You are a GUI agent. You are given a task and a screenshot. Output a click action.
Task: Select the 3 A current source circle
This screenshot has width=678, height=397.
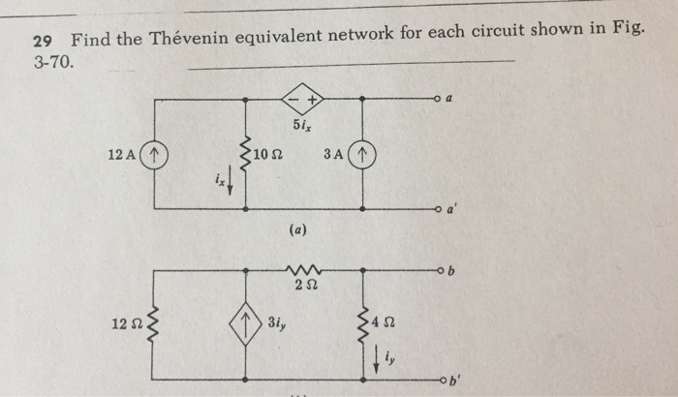[362, 154]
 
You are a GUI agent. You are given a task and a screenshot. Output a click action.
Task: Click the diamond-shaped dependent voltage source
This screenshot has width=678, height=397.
[302, 99]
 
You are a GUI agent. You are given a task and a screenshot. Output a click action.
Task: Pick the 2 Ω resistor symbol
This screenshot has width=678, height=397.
[304, 268]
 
